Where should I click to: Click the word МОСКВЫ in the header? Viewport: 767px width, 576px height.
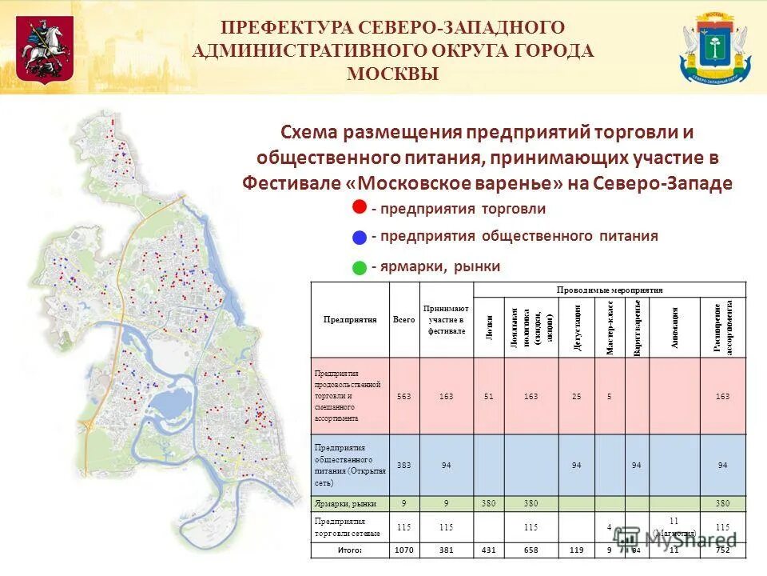tap(392, 74)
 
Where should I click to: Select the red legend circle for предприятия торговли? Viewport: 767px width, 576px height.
tap(360, 207)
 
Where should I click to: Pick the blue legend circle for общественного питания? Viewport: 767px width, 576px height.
tap(360, 236)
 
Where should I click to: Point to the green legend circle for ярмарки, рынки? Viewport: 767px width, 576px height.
tap(360, 266)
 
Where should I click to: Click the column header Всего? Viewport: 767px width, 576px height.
tap(403, 319)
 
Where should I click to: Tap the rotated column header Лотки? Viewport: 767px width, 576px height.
tap(489, 327)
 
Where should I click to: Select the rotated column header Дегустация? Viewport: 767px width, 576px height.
tap(576, 327)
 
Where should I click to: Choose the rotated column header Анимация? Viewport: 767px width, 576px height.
tap(675, 327)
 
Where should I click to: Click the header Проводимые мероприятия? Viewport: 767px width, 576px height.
tap(610, 290)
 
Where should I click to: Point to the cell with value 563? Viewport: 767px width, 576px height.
tap(403, 395)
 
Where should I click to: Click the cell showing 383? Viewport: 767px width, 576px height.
tap(403, 465)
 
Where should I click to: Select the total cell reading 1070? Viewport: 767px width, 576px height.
tap(403, 550)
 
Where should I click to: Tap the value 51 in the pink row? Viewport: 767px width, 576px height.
tap(489, 395)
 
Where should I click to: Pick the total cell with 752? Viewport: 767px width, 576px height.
tap(722, 550)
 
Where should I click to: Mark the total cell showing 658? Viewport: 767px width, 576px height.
tap(531, 550)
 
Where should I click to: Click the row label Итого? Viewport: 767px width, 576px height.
tap(350, 550)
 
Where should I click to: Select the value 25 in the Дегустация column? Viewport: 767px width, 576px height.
tap(576, 395)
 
